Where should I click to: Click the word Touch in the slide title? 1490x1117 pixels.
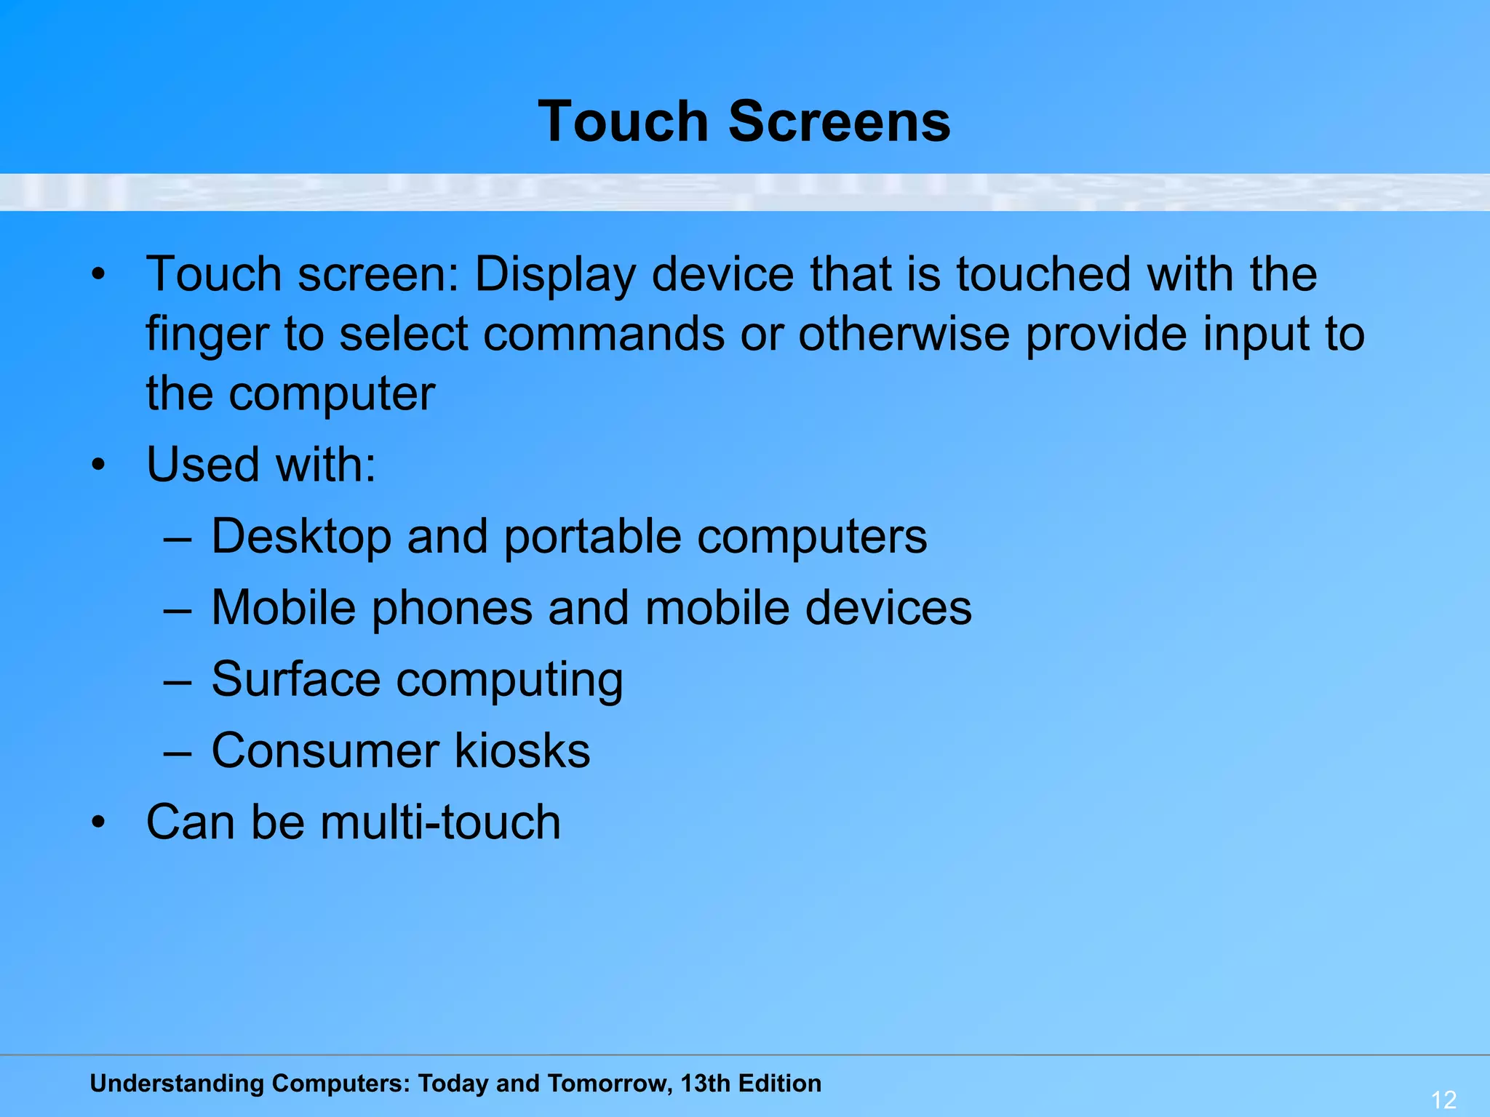pos(623,121)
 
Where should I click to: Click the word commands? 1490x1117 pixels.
pos(604,335)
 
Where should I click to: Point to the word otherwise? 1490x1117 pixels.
pos(904,335)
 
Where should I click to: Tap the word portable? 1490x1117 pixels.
pos(593,537)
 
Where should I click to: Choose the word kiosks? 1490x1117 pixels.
pos(522,750)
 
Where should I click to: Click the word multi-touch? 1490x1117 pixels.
pos(440,822)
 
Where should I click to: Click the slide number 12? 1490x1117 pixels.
pos(1443,1099)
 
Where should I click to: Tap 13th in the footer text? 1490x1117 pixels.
pos(705,1084)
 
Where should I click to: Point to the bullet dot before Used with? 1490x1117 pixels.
pos(99,465)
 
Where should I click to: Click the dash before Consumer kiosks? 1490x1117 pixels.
pos(178,753)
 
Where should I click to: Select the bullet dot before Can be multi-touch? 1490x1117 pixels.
pos(99,823)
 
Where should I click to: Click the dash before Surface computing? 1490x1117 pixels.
pos(178,681)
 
